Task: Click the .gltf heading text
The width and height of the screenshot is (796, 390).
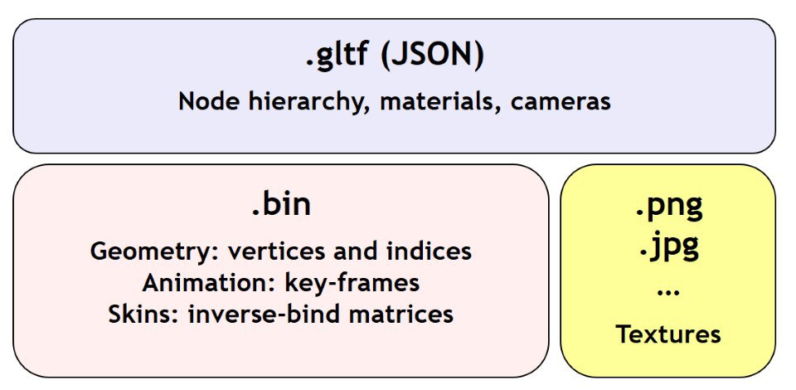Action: (x=336, y=56)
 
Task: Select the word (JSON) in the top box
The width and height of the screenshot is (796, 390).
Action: (x=432, y=54)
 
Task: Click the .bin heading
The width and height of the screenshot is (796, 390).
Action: (x=281, y=205)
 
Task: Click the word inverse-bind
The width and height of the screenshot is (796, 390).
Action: (x=269, y=314)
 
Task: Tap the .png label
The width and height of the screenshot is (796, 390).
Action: (x=669, y=206)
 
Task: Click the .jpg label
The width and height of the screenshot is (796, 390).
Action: (x=669, y=247)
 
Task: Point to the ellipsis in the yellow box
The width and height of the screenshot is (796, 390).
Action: (x=668, y=293)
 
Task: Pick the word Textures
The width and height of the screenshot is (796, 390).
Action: (x=668, y=334)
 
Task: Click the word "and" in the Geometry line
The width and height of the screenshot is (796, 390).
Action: (x=358, y=251)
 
